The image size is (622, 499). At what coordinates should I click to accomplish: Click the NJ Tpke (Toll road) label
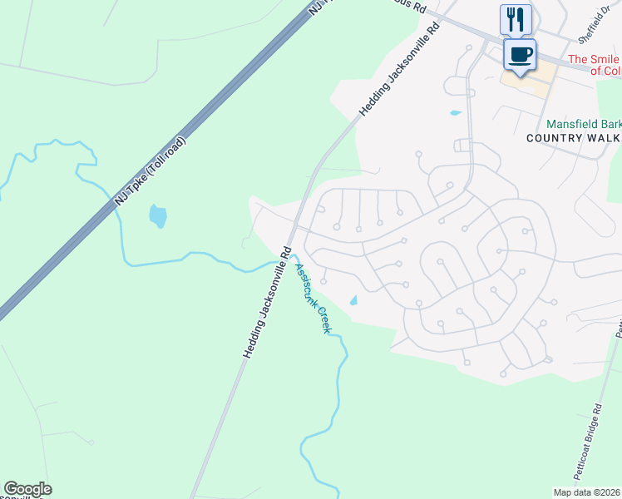[151, 171]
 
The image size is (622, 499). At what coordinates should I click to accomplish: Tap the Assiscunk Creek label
[313, 298]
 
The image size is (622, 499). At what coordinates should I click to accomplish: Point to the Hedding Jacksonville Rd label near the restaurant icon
[398, 71]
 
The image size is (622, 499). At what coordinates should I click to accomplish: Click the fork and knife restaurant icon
[516, 17]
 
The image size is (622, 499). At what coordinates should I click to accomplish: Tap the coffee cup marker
[521, 54]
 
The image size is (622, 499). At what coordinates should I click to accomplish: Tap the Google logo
[27, 489]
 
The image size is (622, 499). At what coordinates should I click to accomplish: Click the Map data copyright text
[587, 492]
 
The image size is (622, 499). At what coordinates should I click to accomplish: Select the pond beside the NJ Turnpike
[157, 216]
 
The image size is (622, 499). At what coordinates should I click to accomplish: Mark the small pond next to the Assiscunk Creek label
[353, 300]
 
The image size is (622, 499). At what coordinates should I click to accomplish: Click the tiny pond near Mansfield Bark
[455, 112]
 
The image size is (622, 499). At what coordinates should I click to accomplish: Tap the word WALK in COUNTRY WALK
[605, 137]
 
